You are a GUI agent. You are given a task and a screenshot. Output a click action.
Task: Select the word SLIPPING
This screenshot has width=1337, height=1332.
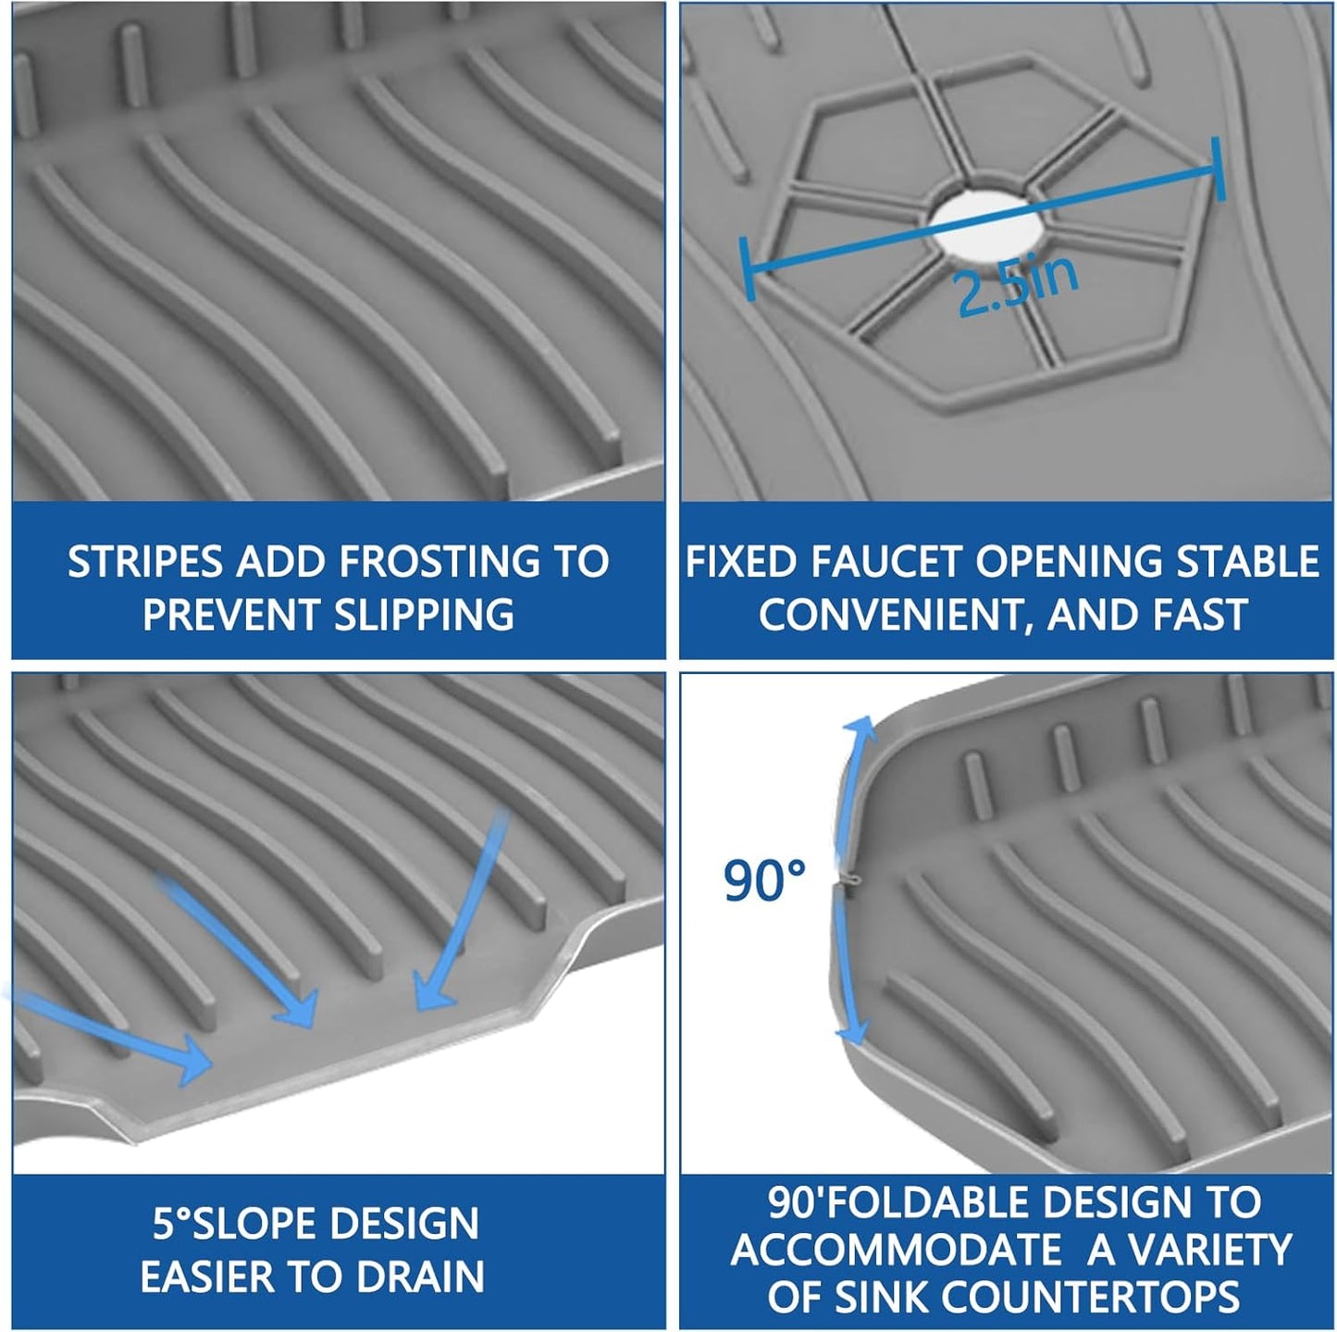[424, 615]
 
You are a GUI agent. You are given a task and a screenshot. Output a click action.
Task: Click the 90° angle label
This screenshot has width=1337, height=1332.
[764, 880]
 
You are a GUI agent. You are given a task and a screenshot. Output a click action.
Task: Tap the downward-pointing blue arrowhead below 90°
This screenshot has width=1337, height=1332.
[853, 1037]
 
